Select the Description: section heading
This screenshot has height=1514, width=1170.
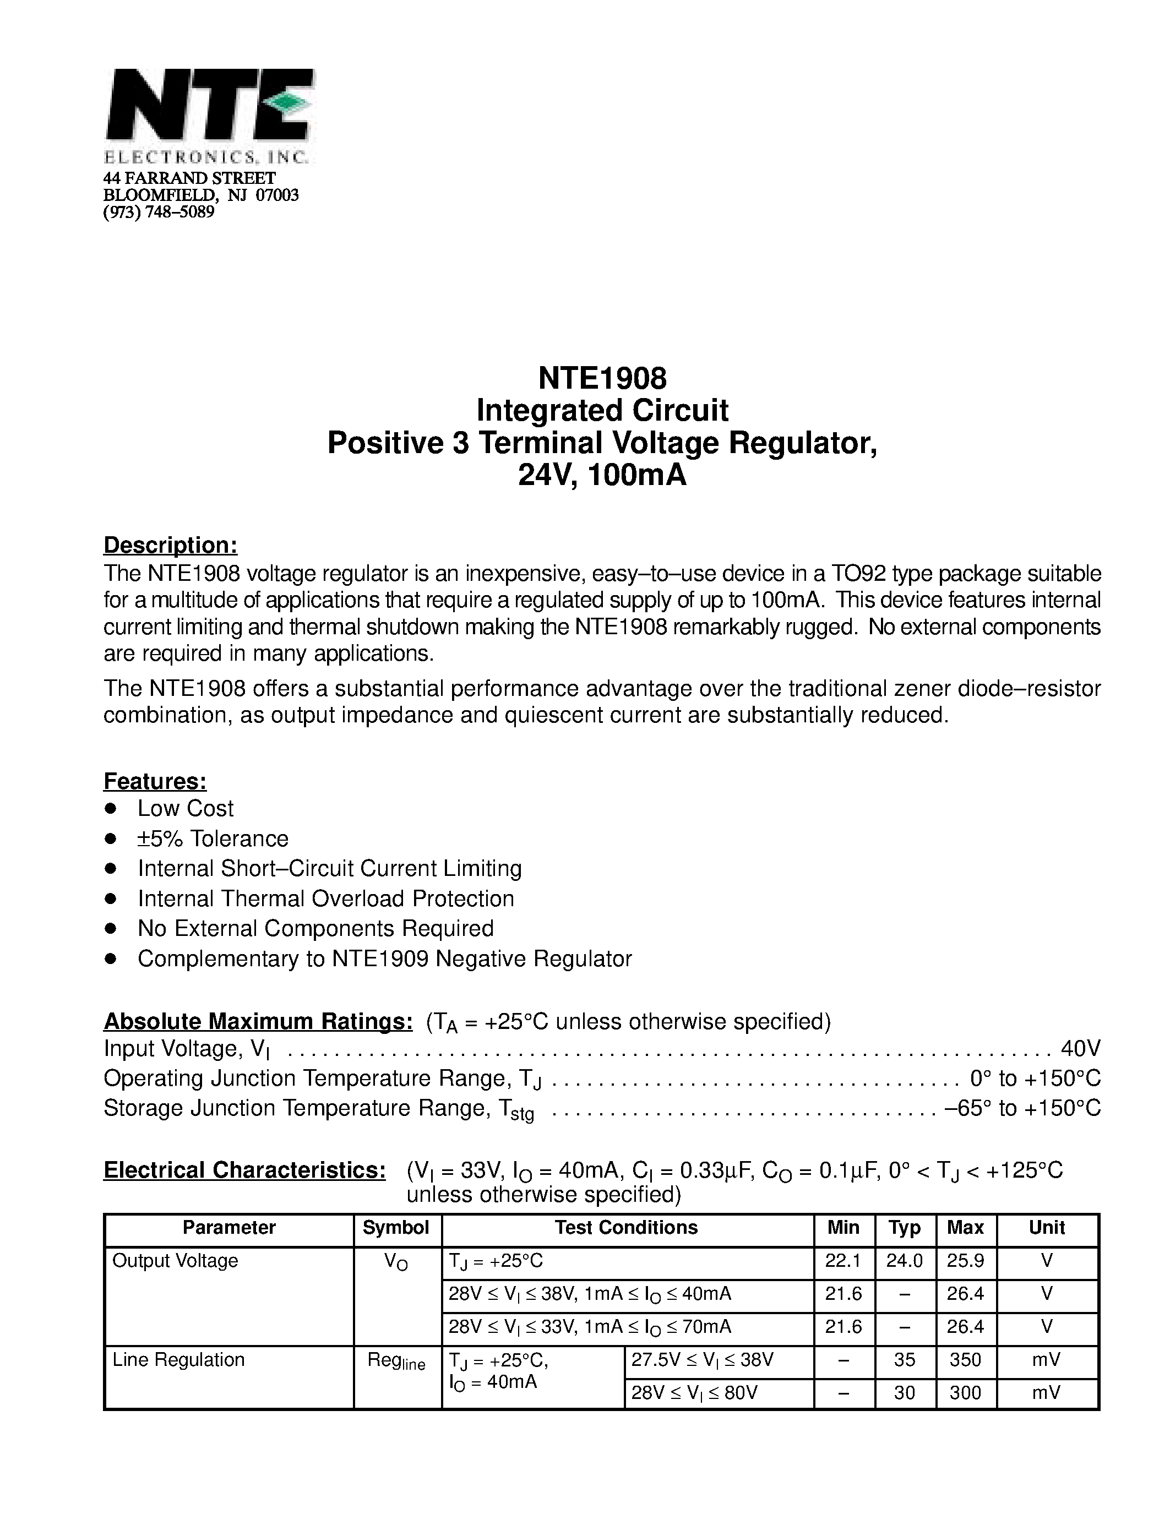(171, 545)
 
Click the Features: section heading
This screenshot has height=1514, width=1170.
(155, 781)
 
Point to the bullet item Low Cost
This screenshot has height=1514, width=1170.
(185, 808)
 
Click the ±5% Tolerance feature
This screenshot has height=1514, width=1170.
(213, 839)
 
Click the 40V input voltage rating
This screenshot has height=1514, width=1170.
(1081, 1049)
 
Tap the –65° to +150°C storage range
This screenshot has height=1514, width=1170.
(1022, 1108)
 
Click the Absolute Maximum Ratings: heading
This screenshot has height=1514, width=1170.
(258, 1021)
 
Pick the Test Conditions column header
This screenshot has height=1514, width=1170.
(626, 1228)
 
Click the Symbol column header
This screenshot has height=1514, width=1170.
(396, 1228)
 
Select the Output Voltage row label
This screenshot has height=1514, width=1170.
(175, 1260)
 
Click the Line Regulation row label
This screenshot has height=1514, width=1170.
(178, 1359)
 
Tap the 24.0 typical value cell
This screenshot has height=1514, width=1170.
(904, 1261)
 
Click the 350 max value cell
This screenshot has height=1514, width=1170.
(965, 1360)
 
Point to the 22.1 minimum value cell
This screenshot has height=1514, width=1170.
(843, 1261)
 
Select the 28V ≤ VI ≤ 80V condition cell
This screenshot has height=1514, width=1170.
(694, 1393)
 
